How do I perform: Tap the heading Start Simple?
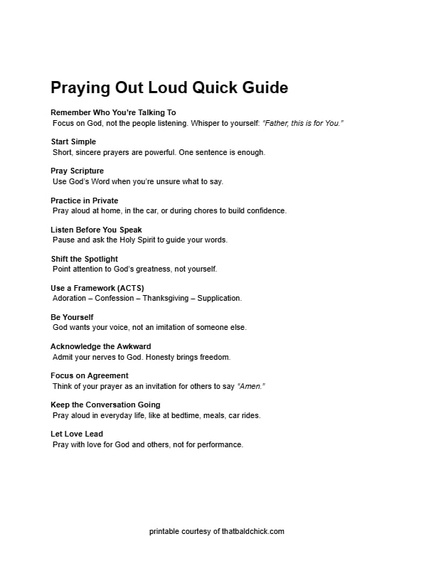(73, 142)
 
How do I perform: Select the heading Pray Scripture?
(77, 171)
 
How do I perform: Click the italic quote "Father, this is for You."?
(303, 123)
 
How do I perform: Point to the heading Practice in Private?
(85, 201)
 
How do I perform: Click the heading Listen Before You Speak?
(96, 230)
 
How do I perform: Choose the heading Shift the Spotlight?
(84, 259)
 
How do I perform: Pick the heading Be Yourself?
(72, 317)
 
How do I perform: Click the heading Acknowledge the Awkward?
(100, 346)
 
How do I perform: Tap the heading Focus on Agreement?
(90, 375)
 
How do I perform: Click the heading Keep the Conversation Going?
(105, 405)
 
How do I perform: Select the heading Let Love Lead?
(77, 434)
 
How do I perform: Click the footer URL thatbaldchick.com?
(252, 531)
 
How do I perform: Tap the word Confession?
(114, 298)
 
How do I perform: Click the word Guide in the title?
(262, 88)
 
